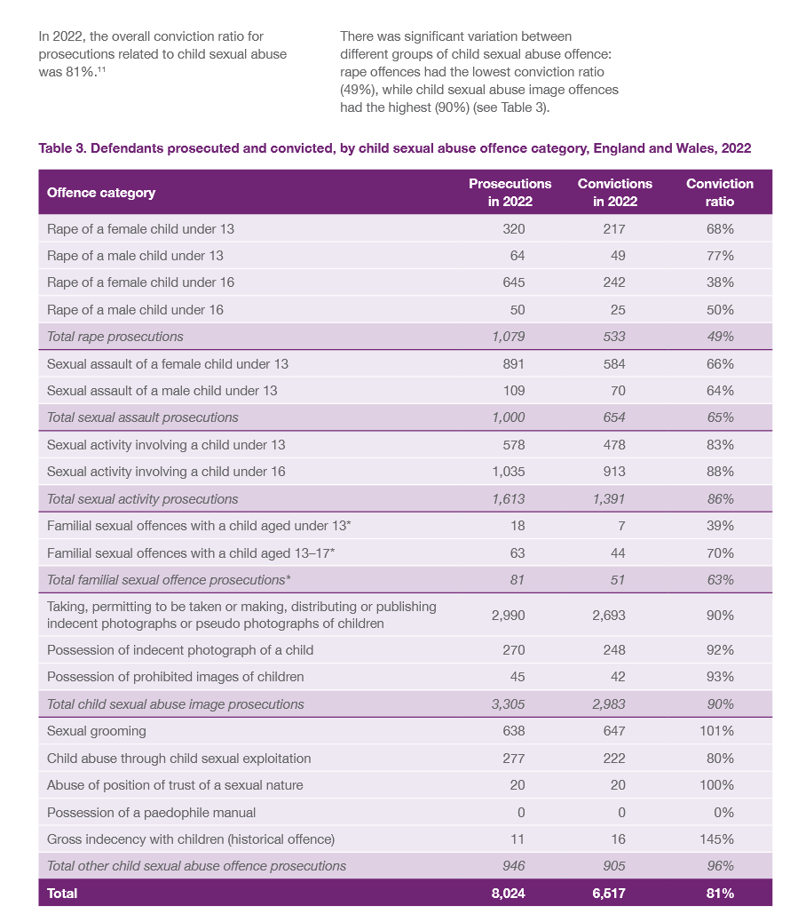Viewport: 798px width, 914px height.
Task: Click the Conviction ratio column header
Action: click(720, 192)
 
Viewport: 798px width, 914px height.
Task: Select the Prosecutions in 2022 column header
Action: click(510, 192)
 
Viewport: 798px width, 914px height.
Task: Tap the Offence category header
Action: click(101, 193)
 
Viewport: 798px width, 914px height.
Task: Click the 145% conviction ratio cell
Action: click(720, 838)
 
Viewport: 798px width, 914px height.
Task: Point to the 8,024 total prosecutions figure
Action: click(508, 893)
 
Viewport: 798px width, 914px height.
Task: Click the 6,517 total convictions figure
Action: click(608, 893)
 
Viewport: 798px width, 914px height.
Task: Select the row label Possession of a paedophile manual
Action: click(151, 812)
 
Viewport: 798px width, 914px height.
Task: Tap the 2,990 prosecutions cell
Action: click(508, 615)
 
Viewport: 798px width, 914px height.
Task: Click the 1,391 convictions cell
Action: click(608, 498)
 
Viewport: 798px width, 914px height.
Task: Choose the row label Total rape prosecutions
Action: click(115, 337)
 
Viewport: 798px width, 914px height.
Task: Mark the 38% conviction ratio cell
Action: click(720, 282)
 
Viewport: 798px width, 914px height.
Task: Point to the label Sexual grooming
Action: click(97, 731)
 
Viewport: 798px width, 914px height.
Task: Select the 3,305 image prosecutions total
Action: click(508, 704)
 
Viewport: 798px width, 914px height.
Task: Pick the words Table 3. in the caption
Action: click(63, 148)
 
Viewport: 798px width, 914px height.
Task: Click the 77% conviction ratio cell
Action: click(720, 256)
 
